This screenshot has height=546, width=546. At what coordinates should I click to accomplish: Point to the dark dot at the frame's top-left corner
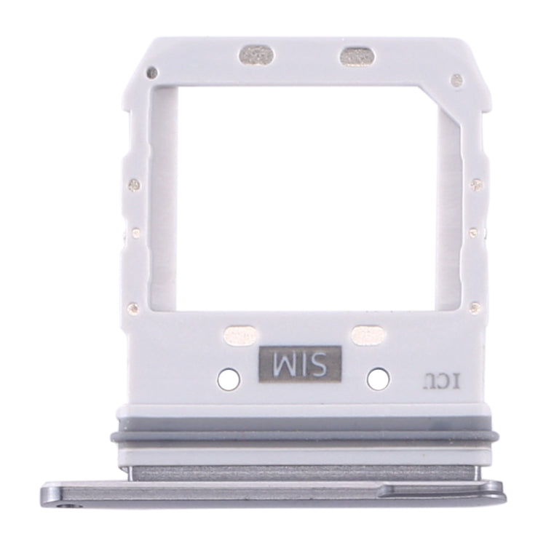[x=151, y=73]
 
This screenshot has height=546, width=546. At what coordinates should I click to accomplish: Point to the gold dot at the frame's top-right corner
[x=456, y=79]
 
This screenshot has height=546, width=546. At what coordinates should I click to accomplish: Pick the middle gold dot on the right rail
[x=475, y=232]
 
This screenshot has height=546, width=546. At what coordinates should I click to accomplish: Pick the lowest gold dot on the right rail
[x=475, y=306]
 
